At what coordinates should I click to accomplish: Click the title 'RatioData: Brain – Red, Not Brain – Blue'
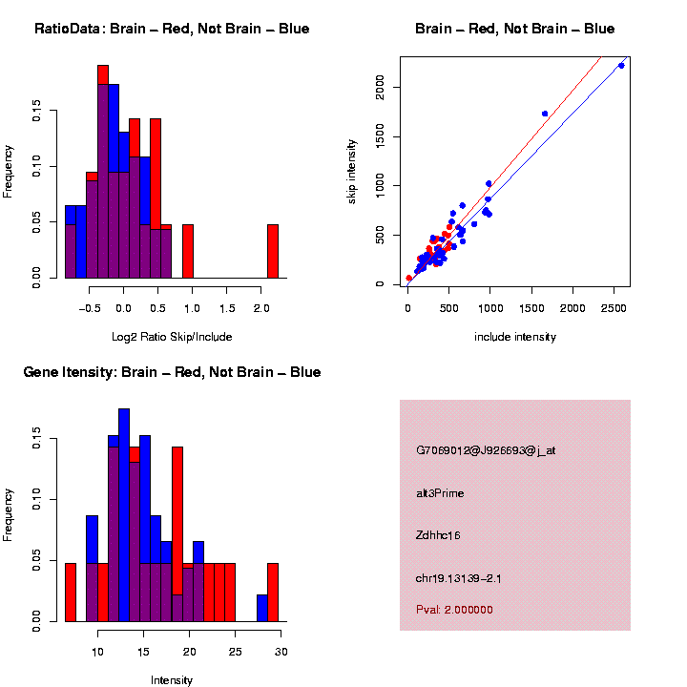tap(172, 29)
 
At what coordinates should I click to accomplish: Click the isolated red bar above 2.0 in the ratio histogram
tap(273, 251)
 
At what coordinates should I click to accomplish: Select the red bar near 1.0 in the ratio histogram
tap(188, 251)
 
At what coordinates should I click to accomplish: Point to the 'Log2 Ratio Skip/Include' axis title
tap(171, 336)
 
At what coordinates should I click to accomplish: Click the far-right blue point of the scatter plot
tap(621, 65)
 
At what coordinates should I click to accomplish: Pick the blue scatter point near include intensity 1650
tap(545, 114)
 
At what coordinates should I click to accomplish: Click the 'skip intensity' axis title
tap(352, 170)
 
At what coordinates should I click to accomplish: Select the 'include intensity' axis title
tap(514, 336)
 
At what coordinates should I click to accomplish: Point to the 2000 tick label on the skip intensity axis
tap(381, 88)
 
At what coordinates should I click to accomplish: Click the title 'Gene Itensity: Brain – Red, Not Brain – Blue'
tap(172, 372)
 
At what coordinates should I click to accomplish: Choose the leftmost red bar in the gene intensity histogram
tap(70, 592)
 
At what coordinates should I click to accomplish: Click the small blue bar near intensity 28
tap(261, 608)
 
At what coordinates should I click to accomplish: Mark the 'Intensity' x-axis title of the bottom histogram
tap(171, 679)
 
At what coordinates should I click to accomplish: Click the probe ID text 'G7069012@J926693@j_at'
tap(486, 449)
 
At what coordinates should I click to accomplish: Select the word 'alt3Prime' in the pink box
tap(440, 493)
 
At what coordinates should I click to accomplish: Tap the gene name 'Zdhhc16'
tap(439, 535)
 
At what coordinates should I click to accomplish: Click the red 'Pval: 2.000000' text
tap(454, 609)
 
